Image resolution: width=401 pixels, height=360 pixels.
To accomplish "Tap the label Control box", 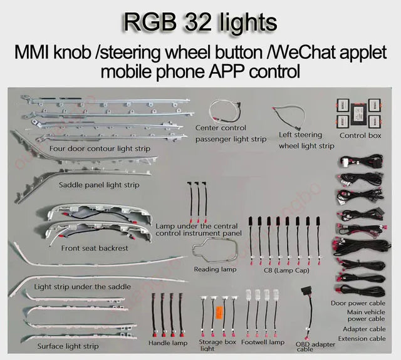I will pyautogui.click(x=360, y=135).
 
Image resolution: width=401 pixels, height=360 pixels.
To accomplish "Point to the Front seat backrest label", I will pyautogui.click(x=95, y=248).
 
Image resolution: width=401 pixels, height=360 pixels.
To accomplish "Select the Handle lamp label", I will pyautogui.click(x=168, y=343).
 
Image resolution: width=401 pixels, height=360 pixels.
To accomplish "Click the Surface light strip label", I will pyautogui.click(x=68, y=346).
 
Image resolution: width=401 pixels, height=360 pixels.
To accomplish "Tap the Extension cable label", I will pyautogui.click(x=362, y=339).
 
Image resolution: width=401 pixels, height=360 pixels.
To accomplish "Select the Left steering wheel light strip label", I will pyautogui.click(x=306, y=140).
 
